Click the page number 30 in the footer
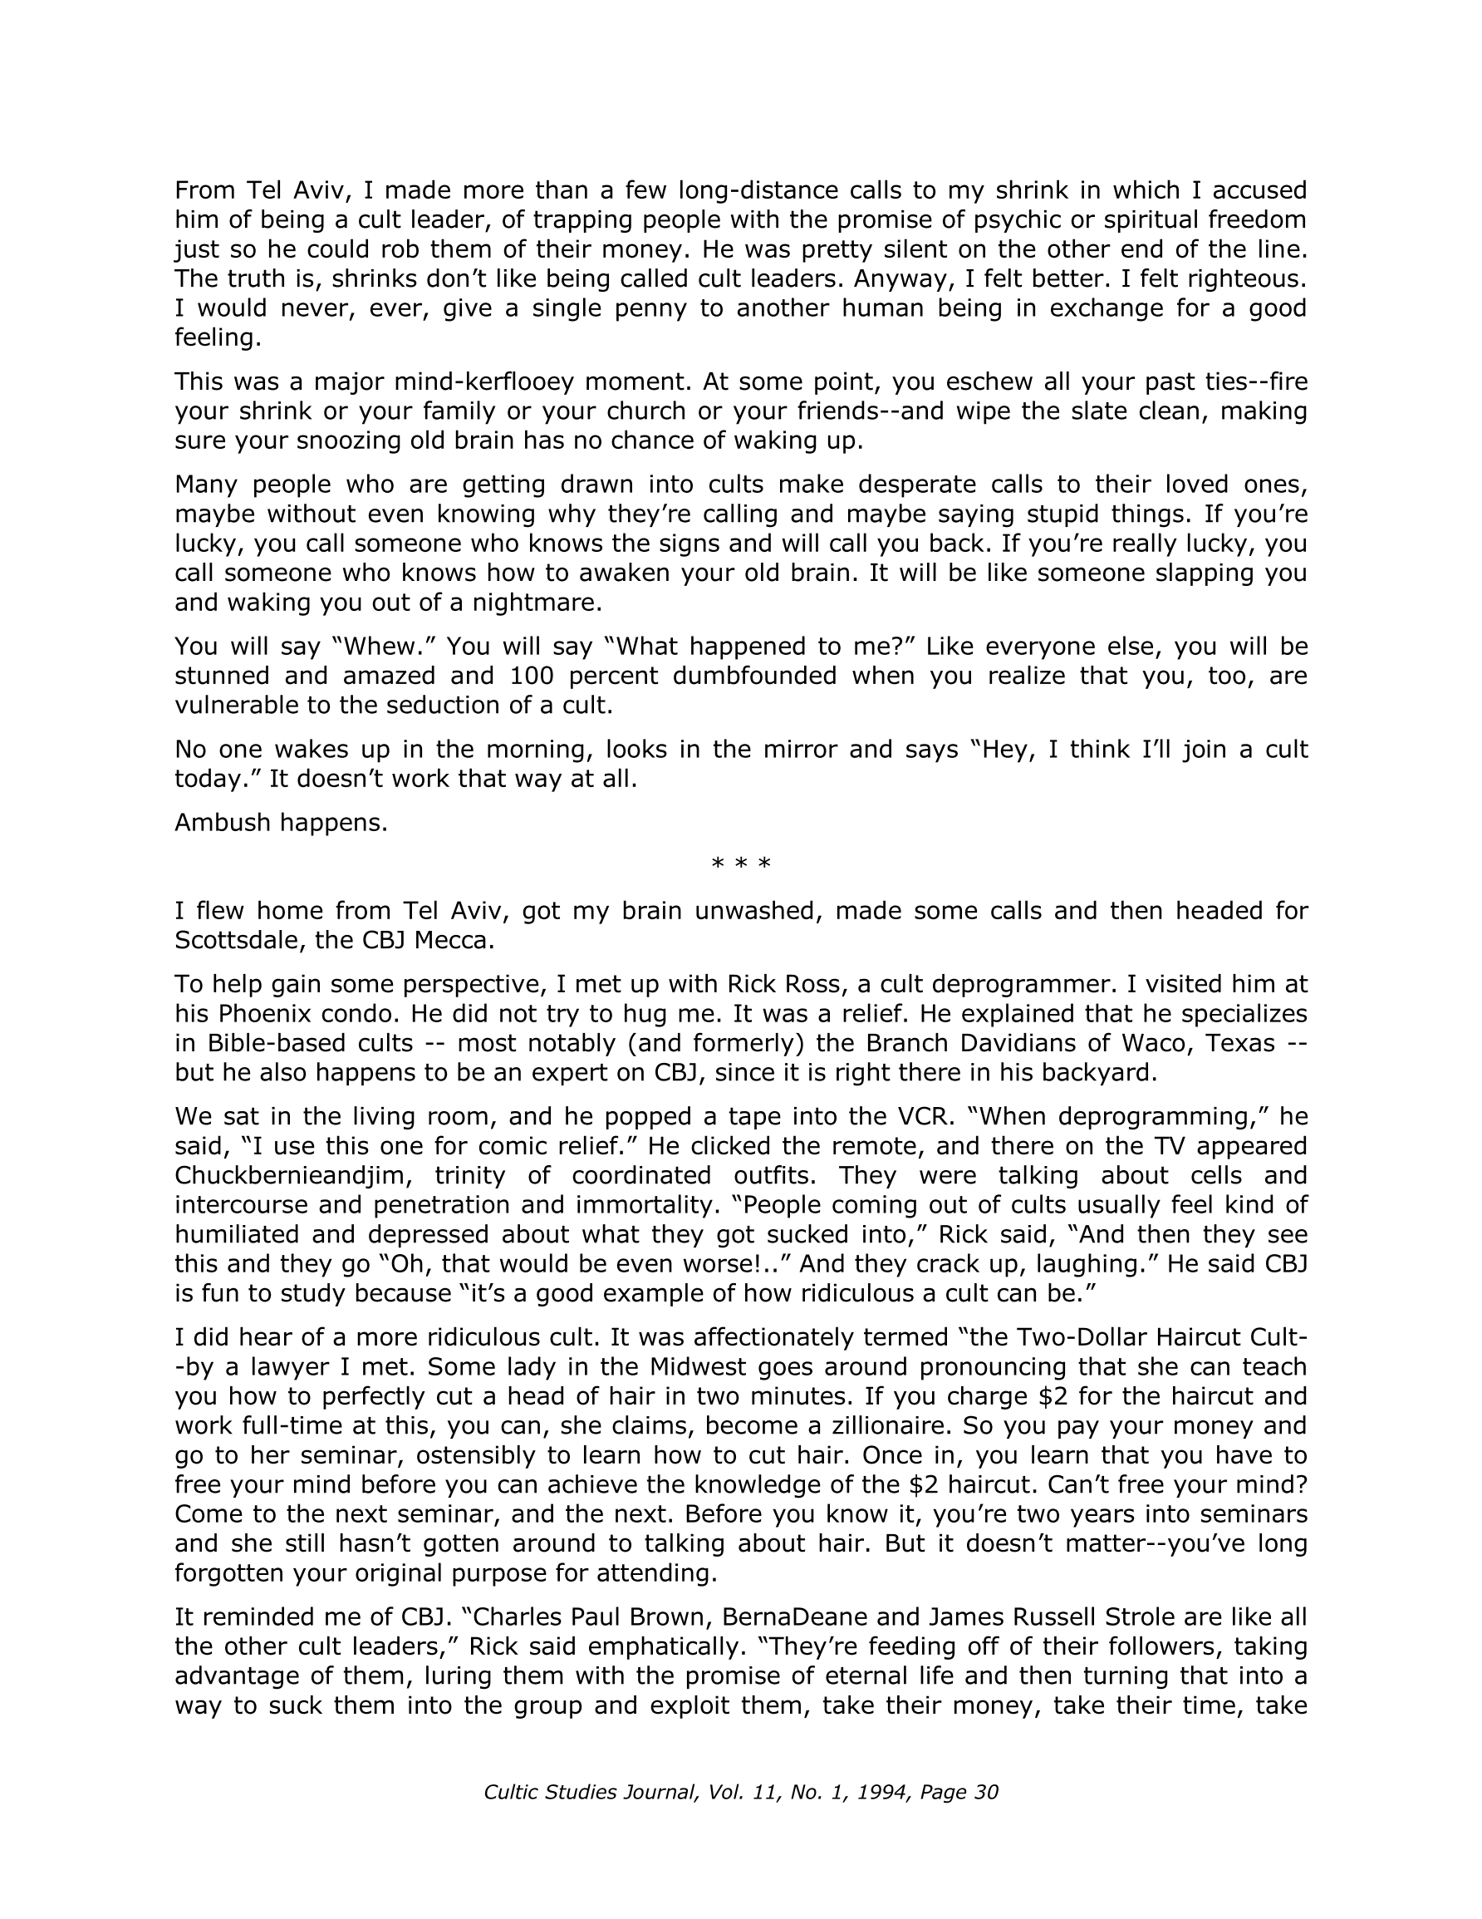pyautogui.click(x=987, y=1793)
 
